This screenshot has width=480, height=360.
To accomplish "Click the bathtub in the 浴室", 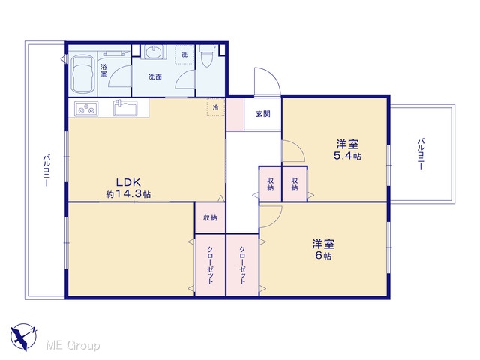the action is [82, 74].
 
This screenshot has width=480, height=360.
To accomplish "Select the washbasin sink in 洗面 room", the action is [154, 52].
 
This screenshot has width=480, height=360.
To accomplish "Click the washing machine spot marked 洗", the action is [184, 55].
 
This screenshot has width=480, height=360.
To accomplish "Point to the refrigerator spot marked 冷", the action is [216, 107].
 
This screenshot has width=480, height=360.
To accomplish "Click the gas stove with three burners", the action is [86, 109].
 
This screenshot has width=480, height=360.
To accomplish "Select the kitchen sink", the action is [125, 108].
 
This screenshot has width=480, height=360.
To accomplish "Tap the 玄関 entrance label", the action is [263, 114].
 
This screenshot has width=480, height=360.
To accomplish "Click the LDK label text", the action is [128, 182].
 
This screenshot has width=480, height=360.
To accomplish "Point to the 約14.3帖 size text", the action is [128, 194].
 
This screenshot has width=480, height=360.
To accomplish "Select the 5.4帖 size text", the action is [347, 156].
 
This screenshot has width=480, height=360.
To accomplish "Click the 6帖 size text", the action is [323, 255].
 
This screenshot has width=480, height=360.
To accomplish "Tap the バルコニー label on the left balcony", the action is [46, 171].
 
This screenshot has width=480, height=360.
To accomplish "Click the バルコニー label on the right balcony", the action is [421, 154].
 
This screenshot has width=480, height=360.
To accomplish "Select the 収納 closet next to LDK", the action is [210, 217].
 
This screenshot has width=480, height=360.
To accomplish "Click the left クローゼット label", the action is [210, 265].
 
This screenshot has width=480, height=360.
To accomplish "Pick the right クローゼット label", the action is [242, 265].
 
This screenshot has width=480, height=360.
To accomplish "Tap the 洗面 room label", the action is [155, 76].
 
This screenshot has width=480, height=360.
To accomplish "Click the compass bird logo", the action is [23, 337].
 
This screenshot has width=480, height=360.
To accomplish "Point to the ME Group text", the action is [73, 346].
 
